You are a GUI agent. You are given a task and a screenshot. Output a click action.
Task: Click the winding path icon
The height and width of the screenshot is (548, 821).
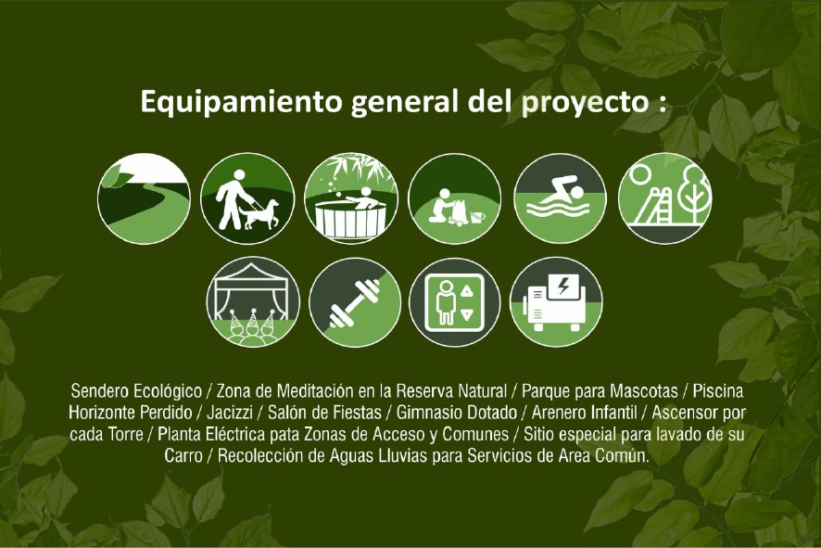pos(144,198)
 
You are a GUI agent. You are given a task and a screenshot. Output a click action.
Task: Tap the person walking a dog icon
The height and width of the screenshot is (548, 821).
pos(247,198)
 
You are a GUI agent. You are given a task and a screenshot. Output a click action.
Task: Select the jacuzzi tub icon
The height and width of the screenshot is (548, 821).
pos(351,198)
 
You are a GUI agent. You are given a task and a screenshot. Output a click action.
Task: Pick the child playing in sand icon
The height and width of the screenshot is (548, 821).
pos(455,198)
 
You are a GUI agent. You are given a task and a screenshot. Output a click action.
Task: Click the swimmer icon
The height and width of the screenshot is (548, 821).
pos(560,198)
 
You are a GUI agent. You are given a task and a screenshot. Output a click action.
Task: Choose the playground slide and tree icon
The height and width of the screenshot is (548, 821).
pos(663,198)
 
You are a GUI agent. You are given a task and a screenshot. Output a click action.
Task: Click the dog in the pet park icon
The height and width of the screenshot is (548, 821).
pos(261,213)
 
